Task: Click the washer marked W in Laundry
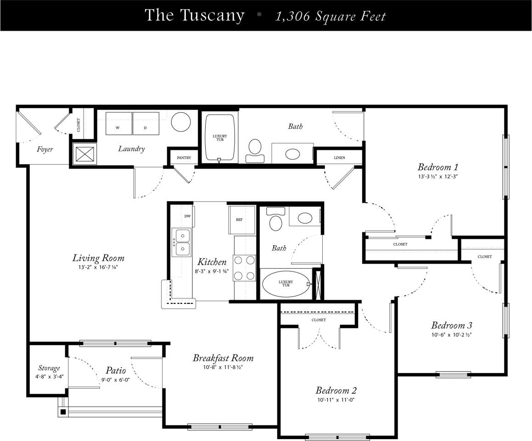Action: (119, 123)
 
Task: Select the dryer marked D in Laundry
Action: (146, 123)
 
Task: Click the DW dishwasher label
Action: (187, 216)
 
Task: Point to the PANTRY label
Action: (184, 158)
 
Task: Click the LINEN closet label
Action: (340, 158)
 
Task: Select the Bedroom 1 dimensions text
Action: (438, 176)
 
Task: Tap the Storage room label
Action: (49, 368)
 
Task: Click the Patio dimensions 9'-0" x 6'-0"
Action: (116, 380)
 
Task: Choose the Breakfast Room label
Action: (223, 358)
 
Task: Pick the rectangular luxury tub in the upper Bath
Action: (219, 138)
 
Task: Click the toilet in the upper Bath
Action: (255, 149)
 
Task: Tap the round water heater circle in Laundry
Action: (181, 122)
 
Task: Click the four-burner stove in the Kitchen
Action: (244, 268)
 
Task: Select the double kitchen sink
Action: (182, 243)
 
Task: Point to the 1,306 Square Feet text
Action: (330, 17)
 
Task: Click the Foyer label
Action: (45, 149)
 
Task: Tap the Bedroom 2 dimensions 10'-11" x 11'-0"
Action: (336, 400)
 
